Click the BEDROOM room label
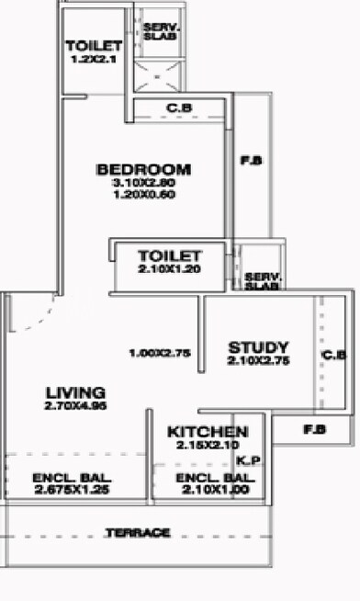144,169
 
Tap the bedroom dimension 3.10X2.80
144,183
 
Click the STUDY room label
258,347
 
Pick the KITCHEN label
207,432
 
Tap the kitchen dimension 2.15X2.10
207,445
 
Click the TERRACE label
137,533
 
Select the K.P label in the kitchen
247,460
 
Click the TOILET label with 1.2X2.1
94,47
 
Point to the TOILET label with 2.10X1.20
168,255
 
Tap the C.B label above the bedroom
178,108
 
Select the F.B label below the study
313,428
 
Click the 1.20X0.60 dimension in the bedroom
144,195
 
